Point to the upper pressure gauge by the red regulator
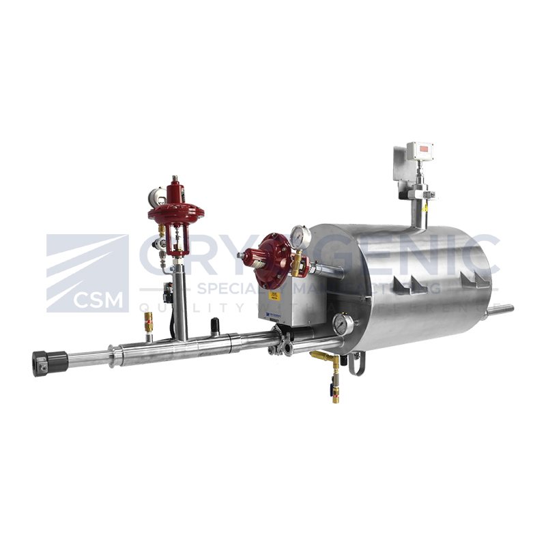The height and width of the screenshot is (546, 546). pyautogui.click(x=300, y=236)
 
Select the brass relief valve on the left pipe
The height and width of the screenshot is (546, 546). pyautogui.click(x=148, y=322)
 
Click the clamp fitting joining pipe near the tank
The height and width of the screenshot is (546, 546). pyautogui.click(x=281, y=341)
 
